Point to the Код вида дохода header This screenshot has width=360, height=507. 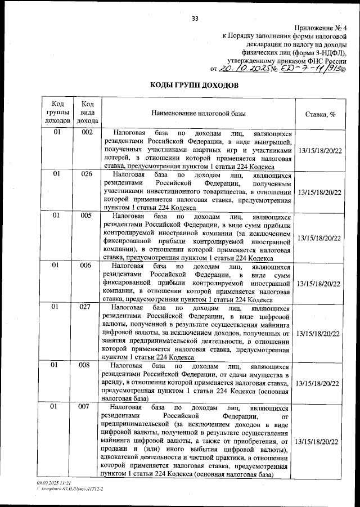[87, 112]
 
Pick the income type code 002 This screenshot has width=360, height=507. [87, 133]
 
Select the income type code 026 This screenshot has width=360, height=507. [87, 174]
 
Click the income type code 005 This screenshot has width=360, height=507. [87, 216]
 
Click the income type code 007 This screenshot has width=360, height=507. [87, 406]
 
